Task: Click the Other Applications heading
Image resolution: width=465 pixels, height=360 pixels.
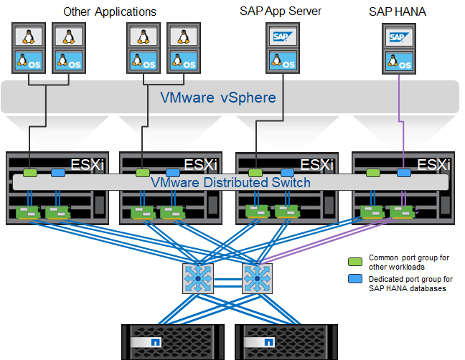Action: click(110, 11)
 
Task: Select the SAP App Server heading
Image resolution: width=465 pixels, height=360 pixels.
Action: click(280, 11)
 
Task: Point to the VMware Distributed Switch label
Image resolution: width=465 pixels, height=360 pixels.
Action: click(230, 182)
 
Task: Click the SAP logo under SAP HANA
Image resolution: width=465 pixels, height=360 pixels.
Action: click(398, 37)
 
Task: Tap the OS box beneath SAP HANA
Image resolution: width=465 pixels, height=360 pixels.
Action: click(398, 61)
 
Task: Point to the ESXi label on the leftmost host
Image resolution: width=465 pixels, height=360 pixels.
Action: click(88, 164)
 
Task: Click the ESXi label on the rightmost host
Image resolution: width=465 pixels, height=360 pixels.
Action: click(433, 164)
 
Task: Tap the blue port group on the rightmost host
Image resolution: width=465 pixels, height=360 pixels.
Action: click(404, 173)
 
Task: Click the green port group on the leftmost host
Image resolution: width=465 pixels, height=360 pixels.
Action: click(29, 173)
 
